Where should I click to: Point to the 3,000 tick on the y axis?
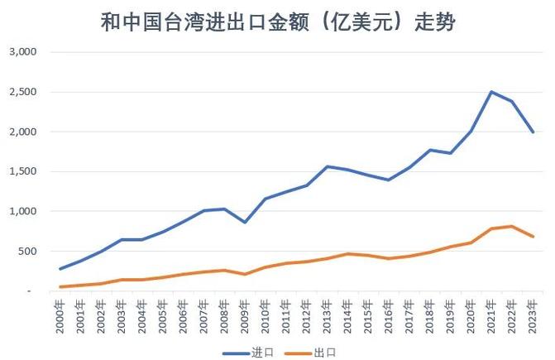[x=23, y=51]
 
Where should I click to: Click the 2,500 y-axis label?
[x=23, y=92]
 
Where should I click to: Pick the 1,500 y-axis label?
[x=23, y=171]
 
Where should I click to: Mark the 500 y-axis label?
[x=28, y=252]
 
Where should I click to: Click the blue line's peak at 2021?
[x=491, y=92]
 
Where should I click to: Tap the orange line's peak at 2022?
[x=513, y=226]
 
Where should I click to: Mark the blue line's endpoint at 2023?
[x=534, y=132]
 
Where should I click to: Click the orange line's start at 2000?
[x=60, y=287]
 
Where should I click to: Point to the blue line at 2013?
[x=328, y=166]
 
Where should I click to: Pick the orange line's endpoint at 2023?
[x=534, y=237]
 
